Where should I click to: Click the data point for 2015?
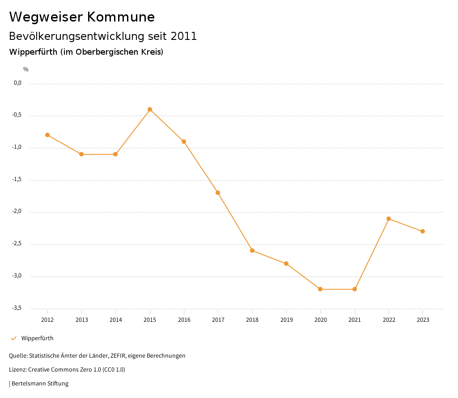[x=150, y=109]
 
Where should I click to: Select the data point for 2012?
[x=47, y=135]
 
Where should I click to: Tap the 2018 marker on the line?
[x=252, y=251]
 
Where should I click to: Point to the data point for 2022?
[x=389, y=219]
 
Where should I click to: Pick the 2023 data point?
[x=423, y=231]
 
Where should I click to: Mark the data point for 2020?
[x=320, y=289]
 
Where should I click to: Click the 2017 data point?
[x=218, y=193]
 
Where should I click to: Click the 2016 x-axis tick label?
[x=184, y=320]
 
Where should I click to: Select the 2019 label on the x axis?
[x=286, y=320]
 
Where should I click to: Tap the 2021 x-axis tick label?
[x=355, y=320]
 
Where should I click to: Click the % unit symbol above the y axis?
[x=26, y=69]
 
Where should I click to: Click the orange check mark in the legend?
[x=13, y=338]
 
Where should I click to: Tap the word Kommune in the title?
[x=121, y=17]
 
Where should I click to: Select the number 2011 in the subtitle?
[x=184, y=36]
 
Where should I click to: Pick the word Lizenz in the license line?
[x=17, y=370]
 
